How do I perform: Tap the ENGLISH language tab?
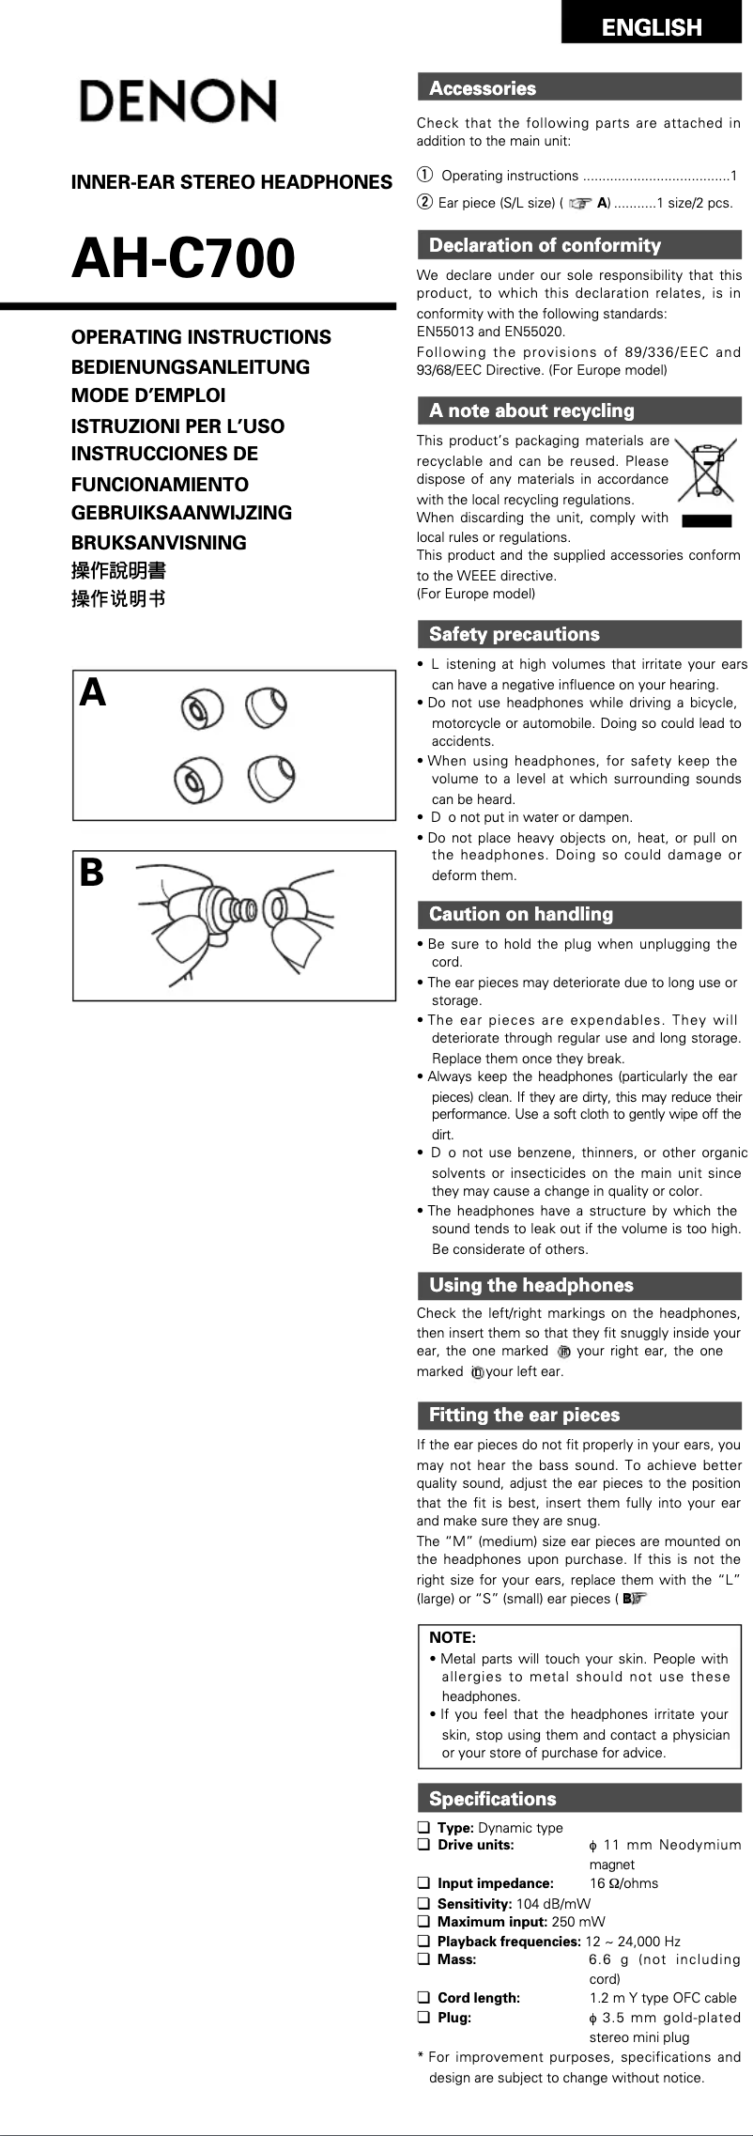[652, 27]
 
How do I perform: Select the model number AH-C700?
[184, 259]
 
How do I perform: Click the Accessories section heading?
[483, 89]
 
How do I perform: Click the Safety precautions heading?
[514, 634]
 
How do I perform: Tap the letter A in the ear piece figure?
[93, 693]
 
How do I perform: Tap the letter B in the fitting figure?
[91, 874]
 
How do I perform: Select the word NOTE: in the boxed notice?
[452, 1637]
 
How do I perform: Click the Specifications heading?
[492, 1799]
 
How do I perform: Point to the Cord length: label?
[479, 1998]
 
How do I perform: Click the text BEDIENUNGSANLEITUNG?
[191, 367]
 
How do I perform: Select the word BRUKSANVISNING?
[159, 543]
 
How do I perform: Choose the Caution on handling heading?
[520, 914]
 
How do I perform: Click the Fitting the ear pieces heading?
[524, 1415]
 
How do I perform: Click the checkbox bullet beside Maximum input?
[423, 1922]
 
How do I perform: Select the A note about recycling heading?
[531, 410]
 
